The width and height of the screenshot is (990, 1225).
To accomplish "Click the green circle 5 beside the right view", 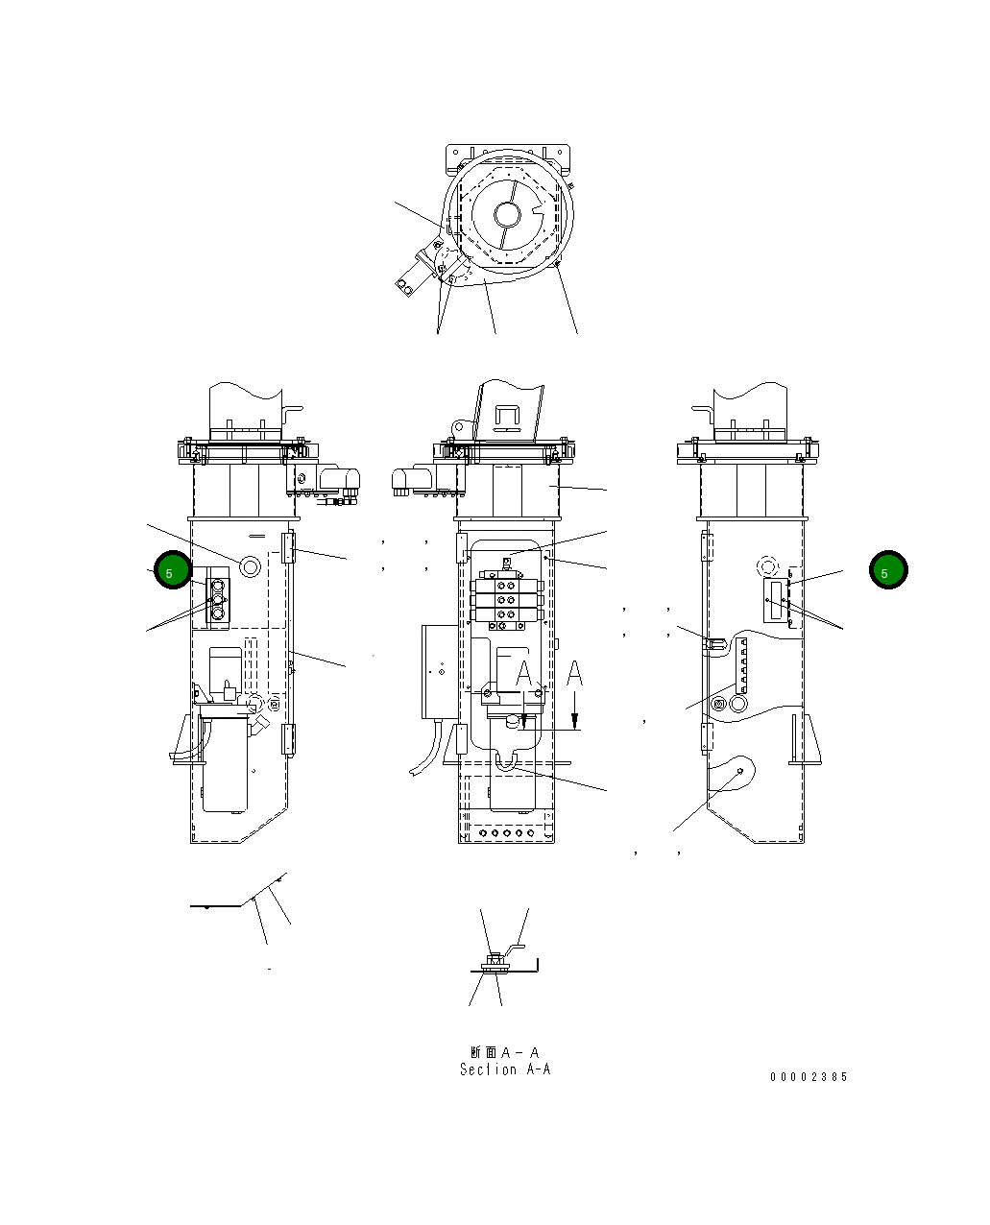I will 887,571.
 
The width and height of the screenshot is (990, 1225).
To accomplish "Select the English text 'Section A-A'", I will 505,1069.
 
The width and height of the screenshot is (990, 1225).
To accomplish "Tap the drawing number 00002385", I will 809,1077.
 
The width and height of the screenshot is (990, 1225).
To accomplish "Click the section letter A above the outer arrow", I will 574,675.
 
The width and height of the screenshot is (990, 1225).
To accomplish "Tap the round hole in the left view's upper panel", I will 250,567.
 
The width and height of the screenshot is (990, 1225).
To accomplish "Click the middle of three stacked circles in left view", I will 217,600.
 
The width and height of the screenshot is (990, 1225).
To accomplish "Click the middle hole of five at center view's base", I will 506,833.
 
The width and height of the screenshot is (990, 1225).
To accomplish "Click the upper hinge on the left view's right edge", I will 286,548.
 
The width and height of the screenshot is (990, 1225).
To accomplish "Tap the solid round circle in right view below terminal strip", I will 737,705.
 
